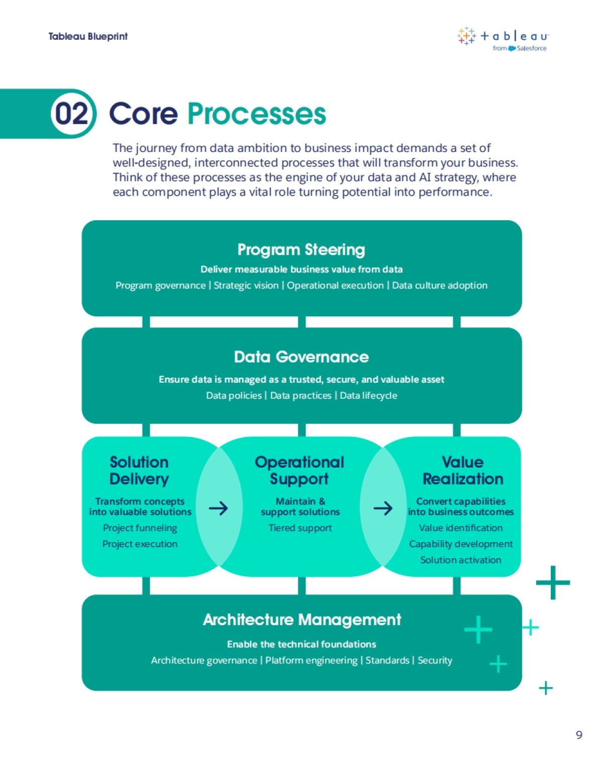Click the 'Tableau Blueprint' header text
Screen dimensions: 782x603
pyautogui.click(x=88, y=36)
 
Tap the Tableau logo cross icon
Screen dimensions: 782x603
pyautogui.click(x=466, y=36)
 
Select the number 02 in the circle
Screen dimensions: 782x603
pyautogui.click(x=72, y=114)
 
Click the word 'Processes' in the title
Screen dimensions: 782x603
pyautogui.click(x=257, y=114)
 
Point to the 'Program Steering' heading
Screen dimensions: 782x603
pyautogui.click(x=301, y=249)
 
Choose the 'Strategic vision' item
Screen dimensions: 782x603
pyautogui.click(x=246, y=286)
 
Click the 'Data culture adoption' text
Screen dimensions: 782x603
pyautogui.click(x=440, y=286)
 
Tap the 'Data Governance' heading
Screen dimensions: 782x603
pyautogui.click(x=301, y=357)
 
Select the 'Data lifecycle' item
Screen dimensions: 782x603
pyautogui.click(x=368, y=396)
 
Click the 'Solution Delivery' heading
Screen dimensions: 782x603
pyautogui.click(x=139, y=470)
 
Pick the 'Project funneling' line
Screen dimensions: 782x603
pyautogui.click(x=140, y=528)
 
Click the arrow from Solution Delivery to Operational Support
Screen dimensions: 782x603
pyautogui.click(x=219, y=508)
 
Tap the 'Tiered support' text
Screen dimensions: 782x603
pyautogui.click(x=300, y=528)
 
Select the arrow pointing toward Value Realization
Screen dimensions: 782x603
pyautogui.click(x=383, y=508)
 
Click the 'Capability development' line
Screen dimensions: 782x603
pyautogui.click(x=461, y=544)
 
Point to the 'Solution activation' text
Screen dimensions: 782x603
pyautogui.click(x=461, y=560)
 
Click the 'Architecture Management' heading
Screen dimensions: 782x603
pyautogui.click(x=301, y=620)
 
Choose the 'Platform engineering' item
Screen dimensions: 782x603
pyautogui.click(x=312, y=660)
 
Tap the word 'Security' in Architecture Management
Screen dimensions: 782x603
pyautogui.click(x=435, y=660)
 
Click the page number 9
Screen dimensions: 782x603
pyautogui.click(x=579, y=735)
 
